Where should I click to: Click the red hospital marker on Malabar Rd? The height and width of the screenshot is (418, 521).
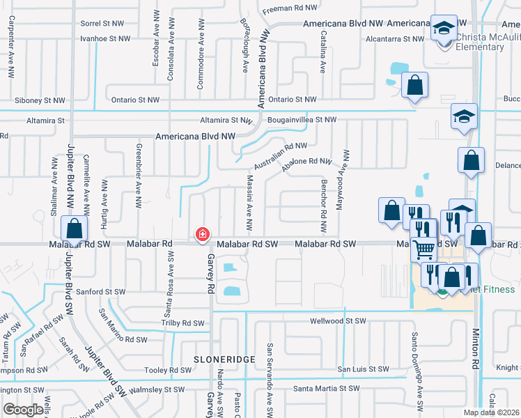(x=203, y=235)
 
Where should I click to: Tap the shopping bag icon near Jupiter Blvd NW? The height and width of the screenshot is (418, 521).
(x=74, y=229)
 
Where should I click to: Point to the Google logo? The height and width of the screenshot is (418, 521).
(x=23, y=410)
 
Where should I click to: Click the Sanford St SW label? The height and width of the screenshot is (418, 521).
(x=102, y=292)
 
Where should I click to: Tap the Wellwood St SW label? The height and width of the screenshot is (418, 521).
(x=339, y=322)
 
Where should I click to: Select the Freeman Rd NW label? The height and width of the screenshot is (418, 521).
(x=290, y=8)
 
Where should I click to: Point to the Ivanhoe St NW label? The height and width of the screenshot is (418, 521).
(x=104, y=38)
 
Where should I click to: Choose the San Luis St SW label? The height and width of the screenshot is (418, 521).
(x=363, y=369)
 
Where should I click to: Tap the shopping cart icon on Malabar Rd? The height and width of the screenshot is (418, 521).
(x=425, y=248)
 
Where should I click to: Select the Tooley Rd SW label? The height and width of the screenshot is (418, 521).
(x=166, y=371)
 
